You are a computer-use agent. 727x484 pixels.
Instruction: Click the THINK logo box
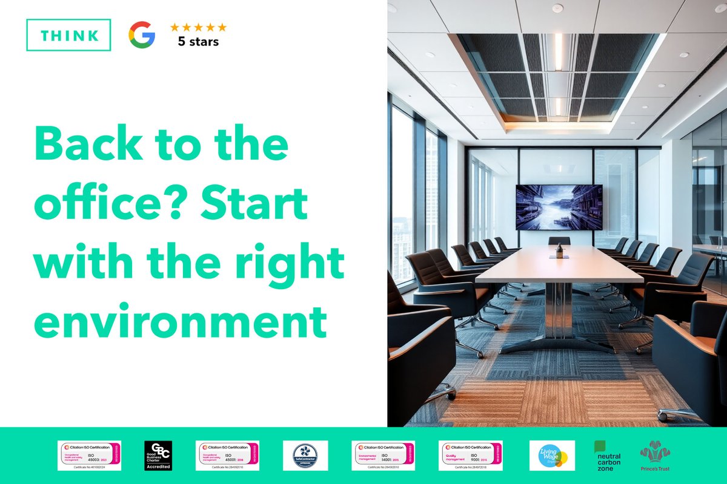pyautogui.click(x=68, y=34)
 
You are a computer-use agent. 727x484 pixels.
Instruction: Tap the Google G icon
pyautogui.click(x=142, y=34)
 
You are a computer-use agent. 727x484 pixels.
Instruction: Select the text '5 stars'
pyautogui.click(x=198, y=42)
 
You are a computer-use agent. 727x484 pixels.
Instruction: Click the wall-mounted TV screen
pyautogui.click(x=559, y=207)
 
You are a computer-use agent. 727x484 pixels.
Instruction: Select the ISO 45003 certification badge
pyautogui.click(x=89, y=455)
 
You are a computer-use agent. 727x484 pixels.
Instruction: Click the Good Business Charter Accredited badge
pyautogui.click(x=158, y=456)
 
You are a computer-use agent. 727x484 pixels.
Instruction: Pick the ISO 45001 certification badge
pyautogui.click(x=228, y=455)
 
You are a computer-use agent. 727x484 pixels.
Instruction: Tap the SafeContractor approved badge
pyautogui.click(x=305, y=455)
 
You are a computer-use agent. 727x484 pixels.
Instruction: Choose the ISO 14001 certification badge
pyautogui.click(x=382, y=455)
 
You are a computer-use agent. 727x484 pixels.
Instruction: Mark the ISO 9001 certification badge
pyautogui.click(x=470, y=455)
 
